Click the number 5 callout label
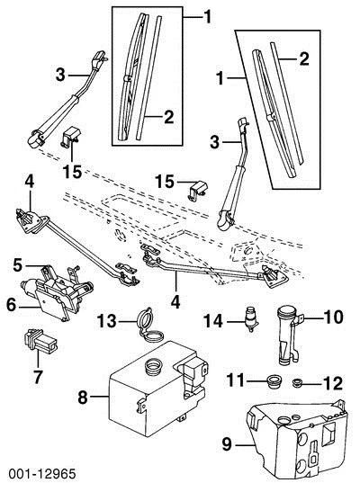click(18, 265)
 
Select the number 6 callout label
click(13, 305)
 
